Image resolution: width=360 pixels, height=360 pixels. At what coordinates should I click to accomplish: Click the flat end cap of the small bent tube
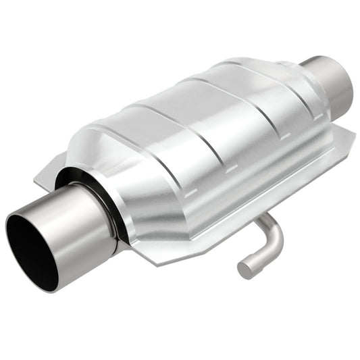tap(245, 269)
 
